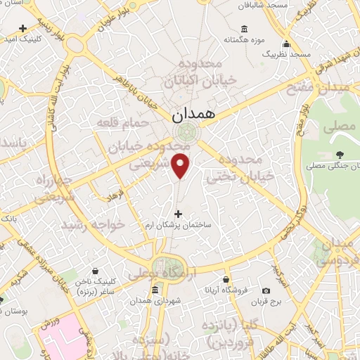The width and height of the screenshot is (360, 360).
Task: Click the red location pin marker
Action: coord(181,165)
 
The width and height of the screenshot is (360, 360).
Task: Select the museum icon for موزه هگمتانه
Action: coord(244,29)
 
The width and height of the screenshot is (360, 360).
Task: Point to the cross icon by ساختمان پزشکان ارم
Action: coord(177,214)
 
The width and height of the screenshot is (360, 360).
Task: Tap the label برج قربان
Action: coord(266,302)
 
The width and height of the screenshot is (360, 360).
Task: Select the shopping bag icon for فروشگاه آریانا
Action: coord(226,279)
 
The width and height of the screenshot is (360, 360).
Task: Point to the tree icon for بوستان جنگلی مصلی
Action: coord(340,155)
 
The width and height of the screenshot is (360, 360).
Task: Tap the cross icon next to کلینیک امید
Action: coord(23,29)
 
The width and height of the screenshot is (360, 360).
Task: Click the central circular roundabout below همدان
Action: coord(186,131)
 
